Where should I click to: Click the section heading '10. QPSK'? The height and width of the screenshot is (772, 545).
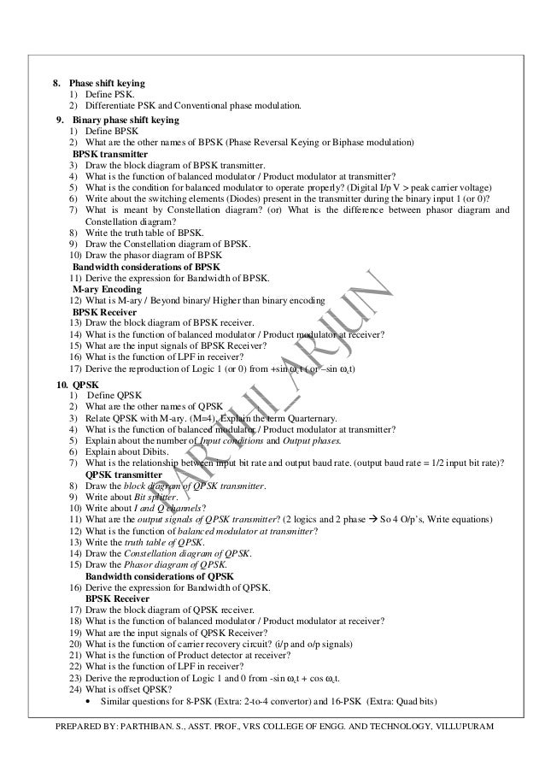click(x=73, y=384)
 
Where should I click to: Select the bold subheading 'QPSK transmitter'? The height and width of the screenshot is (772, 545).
click(x=126, y=474)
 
